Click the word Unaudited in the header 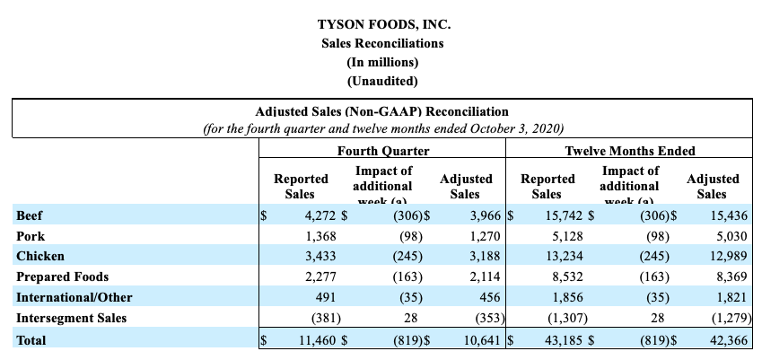click(381, 81)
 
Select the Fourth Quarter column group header click(382, 151)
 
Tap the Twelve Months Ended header click(630, 151)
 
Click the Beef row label click(29, 215)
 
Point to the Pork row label click(30, 236)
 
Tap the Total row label click(31, 340)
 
